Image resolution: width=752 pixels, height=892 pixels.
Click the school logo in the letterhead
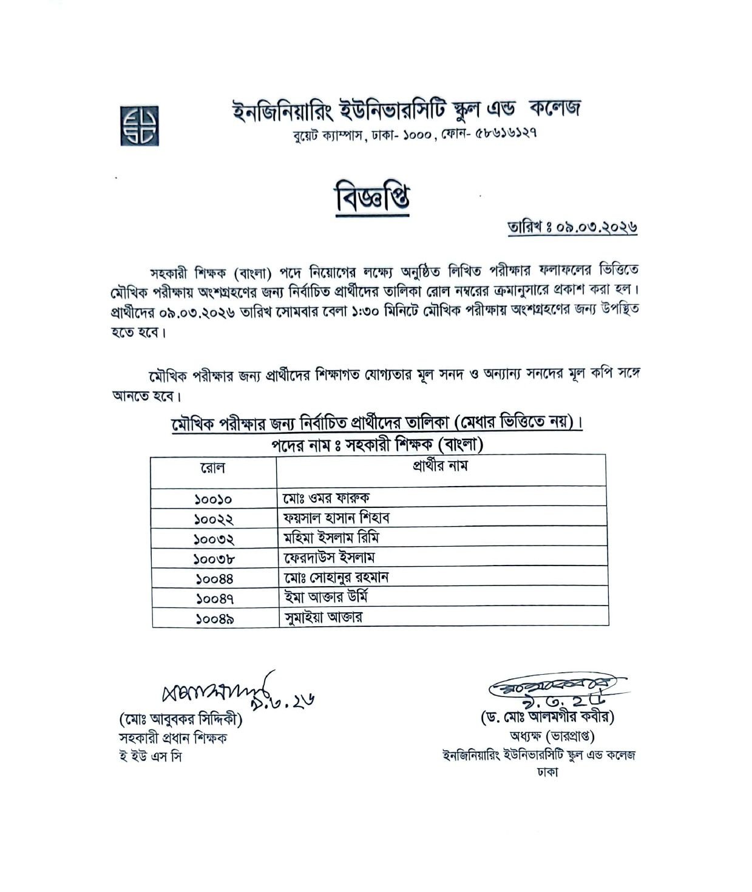click(139, 126)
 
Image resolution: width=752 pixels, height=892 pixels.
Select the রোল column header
click(212, 468)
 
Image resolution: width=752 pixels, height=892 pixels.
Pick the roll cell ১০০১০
click(213, 499)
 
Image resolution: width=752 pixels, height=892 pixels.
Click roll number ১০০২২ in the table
click(214, 519)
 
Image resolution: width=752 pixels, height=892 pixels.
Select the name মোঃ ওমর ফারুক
click(325, 498)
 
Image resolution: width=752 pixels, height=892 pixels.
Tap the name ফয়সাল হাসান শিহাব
click(336, 518)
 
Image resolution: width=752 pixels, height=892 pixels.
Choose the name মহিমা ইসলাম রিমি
click(331, 538)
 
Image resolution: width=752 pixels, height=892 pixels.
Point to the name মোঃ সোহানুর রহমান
click(335, 577)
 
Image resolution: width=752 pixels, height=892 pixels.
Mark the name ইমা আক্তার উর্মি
click(326, 597)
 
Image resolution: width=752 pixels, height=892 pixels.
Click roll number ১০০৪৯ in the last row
click(215, 619)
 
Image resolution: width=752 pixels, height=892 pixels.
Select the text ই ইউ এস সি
click(150, 757)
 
